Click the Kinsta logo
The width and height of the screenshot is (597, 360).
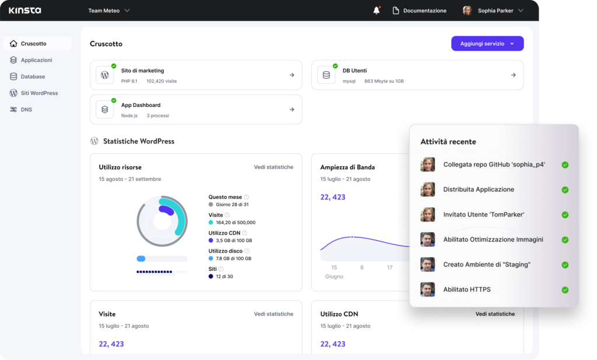(x=24, y=11)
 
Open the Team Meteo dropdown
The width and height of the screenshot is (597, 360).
(x=109, y=11)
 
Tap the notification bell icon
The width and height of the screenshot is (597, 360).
(x=377, y=11)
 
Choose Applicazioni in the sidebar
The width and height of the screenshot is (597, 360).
(x=36, y=60)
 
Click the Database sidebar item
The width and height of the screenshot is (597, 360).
(x=33, y=76)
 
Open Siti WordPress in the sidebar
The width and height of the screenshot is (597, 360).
(x=39, y=93)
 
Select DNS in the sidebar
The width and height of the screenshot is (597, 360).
(x=26, y=109)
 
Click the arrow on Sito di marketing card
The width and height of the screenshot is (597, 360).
(x=292, y=75)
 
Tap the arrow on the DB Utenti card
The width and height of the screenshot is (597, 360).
(x=513, y=75)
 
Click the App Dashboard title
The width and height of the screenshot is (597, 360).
(x=141, y=105)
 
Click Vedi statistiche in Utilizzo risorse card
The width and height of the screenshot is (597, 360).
(x=273, y=167)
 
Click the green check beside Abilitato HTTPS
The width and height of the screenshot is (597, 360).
(x=564, y=290)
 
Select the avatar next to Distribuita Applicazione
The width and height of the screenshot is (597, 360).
(x=428, y=190)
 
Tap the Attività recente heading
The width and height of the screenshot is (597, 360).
(x=448, y=142)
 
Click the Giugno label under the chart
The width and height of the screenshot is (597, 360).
(x=334, y=277)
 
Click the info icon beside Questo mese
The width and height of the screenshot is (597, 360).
(x=246, y=197)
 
